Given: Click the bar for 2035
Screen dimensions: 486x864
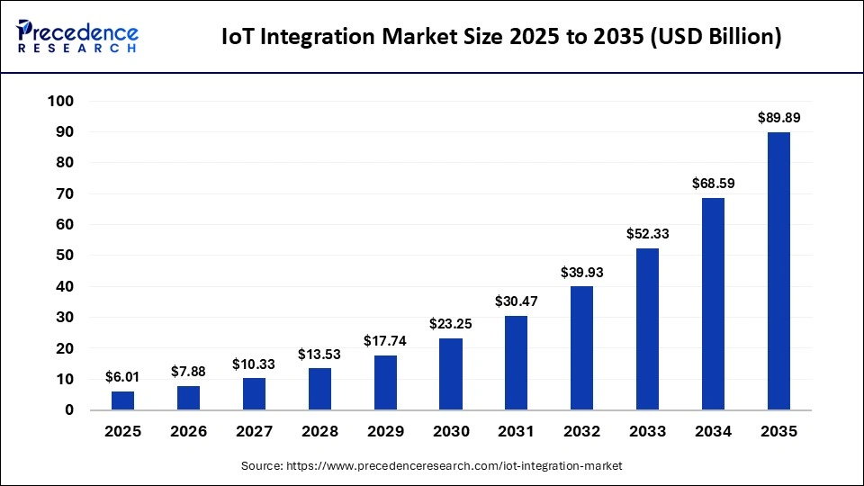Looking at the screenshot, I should coord(778,271).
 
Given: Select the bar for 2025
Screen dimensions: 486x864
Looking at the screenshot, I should coord(123,400).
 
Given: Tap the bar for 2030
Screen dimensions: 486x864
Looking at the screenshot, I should coord(451,373).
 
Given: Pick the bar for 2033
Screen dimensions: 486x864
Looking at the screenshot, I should coord(648,328).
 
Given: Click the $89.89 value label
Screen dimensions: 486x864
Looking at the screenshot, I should coord(778,117).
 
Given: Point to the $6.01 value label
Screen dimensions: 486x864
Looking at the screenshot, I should coord(123,376).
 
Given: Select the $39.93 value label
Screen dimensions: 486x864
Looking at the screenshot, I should coord(582,272).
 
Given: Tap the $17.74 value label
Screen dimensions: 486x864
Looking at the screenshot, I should coord(385,340).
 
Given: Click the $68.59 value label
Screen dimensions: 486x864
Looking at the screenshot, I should coord(713,183).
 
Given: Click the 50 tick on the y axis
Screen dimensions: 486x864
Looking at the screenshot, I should coord(64,256).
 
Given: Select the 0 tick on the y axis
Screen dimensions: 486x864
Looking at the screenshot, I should coord(68,410).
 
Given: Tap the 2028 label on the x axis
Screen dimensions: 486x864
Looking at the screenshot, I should coord(319,432).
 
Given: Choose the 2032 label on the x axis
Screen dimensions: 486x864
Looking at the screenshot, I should coord(582,432).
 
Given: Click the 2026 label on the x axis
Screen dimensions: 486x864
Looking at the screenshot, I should coord(189,432).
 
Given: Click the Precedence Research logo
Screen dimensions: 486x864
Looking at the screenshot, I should coord(78,36).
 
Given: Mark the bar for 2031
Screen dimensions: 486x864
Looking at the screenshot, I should coord(517,363).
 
